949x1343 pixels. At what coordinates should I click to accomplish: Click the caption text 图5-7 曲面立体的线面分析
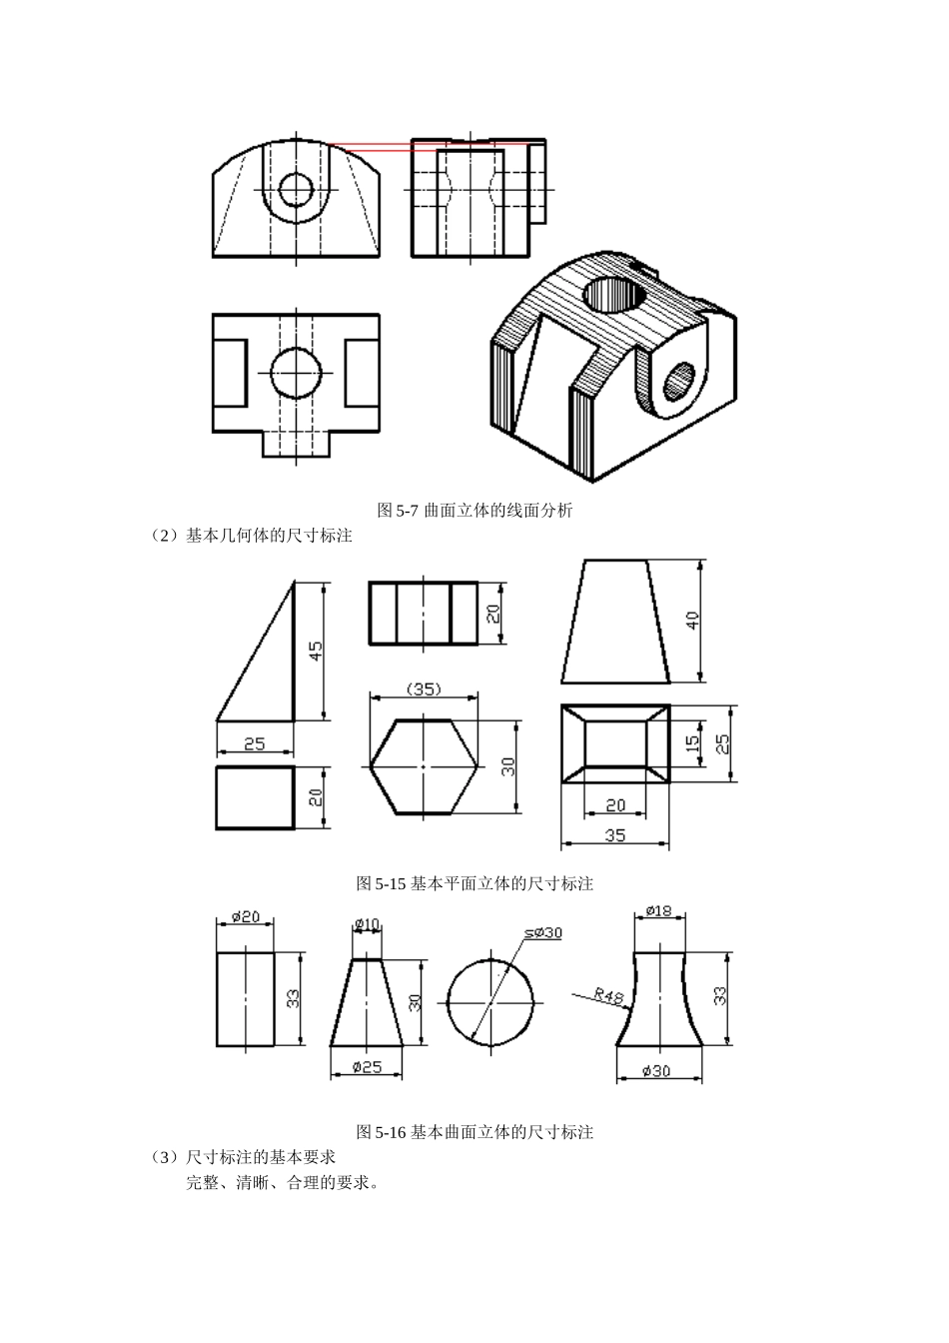tap(474, 511)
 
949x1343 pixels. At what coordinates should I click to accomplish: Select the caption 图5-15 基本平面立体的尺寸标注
tap(474, 883)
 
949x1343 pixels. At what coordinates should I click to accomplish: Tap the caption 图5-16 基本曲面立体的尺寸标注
tap(474, 1132)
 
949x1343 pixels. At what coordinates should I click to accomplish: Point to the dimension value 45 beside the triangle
tap(316, 652)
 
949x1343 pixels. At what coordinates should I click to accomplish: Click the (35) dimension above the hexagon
tap(425, 688)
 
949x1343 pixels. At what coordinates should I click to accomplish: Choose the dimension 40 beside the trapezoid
tap(693, 620)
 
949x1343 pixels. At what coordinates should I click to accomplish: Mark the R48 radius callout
tap(607, 996)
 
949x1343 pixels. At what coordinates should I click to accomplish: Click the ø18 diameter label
tap(659, 910)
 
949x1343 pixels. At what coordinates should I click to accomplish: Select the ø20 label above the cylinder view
tap(246, 916)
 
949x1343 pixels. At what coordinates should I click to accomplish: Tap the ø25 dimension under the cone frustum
tap(368, 1066)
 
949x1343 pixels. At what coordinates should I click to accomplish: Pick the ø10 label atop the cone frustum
tap(368, 922)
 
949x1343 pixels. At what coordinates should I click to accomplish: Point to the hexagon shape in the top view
tap(424, 766)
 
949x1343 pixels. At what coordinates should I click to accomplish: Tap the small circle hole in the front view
tap(296, 188)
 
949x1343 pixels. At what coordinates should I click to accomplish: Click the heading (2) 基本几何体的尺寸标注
tap(252, 536)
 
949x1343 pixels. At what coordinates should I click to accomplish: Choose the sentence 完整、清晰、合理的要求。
tap(282, 1183)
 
